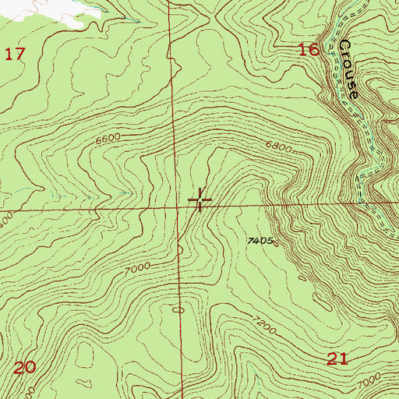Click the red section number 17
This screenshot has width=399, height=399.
(x=16, y=54)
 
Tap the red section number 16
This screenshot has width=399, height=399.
(x=309, y=50)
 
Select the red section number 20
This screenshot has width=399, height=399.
(x=25, y=367)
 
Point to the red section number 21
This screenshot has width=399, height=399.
(x=337, y=358)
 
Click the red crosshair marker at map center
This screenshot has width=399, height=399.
(x=199, y=200)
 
